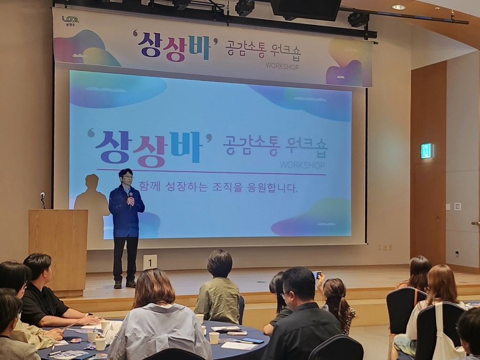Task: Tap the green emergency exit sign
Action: tap(427, 151)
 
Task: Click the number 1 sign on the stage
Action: tap(150, 262)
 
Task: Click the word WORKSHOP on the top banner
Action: tap(282, 66)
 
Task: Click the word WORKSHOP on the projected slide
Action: tap(302, 165)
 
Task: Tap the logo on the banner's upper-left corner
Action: tap(70, 21)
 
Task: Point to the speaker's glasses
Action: tap(127, 177)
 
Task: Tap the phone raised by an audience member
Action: tap(317, 275)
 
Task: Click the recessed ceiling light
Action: tap(398, 7)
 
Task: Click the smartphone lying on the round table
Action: tap(253, 340)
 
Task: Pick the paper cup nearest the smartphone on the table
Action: tap(214, 338)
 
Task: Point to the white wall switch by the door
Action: tap(457, 206)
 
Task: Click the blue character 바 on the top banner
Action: tap(199, 48)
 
